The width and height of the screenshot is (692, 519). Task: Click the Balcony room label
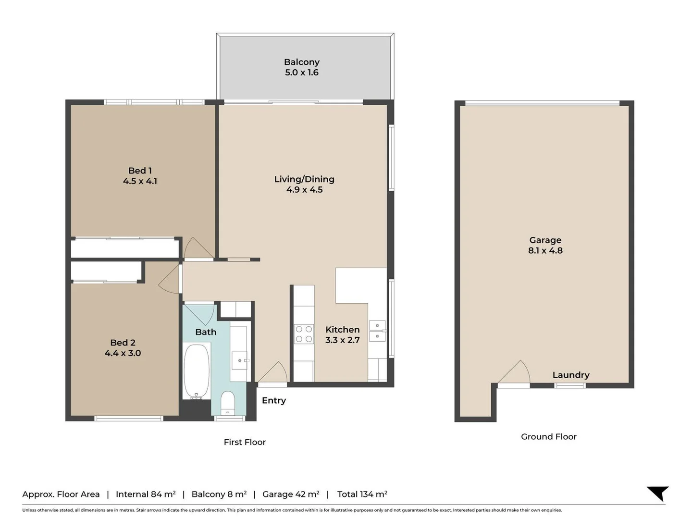pyautogui.click(x=302, y=62)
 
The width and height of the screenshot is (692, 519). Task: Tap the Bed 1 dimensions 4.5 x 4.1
pyautogui.click(x=140, y=181)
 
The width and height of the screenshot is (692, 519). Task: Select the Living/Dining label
pyautogui.click(x=304, y=179)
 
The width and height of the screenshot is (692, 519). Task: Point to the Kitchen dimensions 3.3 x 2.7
pyautogui.click(x=342, y=340)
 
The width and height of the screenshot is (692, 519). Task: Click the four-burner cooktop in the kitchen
pyautogui.click(x=304, y=334)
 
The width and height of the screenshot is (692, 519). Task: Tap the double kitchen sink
pyautogui.click(x=377, y=331)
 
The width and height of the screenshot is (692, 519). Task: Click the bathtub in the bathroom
pyautogui.click(x=197, y=371)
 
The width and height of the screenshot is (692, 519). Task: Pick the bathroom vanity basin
pyautogui.click(x=240, y=360)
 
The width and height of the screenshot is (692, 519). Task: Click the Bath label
pyautogui.click(x=206, y=332)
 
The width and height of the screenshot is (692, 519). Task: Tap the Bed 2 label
pyautogui.click(x=123, y=343)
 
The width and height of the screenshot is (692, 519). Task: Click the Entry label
pyautogui.click(x=273, y=400)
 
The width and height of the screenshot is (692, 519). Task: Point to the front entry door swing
pyautogui.click(x=273, y=372)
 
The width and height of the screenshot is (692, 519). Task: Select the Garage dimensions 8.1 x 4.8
pyautogui.click(x=545, y=250)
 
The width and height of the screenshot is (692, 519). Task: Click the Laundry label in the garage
pyautogui.click(x=571, y=375)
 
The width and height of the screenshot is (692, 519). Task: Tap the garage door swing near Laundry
pyautogui.click(x=514, y=372)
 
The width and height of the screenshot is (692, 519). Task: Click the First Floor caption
pyautogui.click(x=245, y=442)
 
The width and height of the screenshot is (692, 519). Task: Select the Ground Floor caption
pyautogui.click(x=549, y=437)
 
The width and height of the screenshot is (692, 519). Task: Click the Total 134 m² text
pyautogui.click(x=362, y=494)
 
